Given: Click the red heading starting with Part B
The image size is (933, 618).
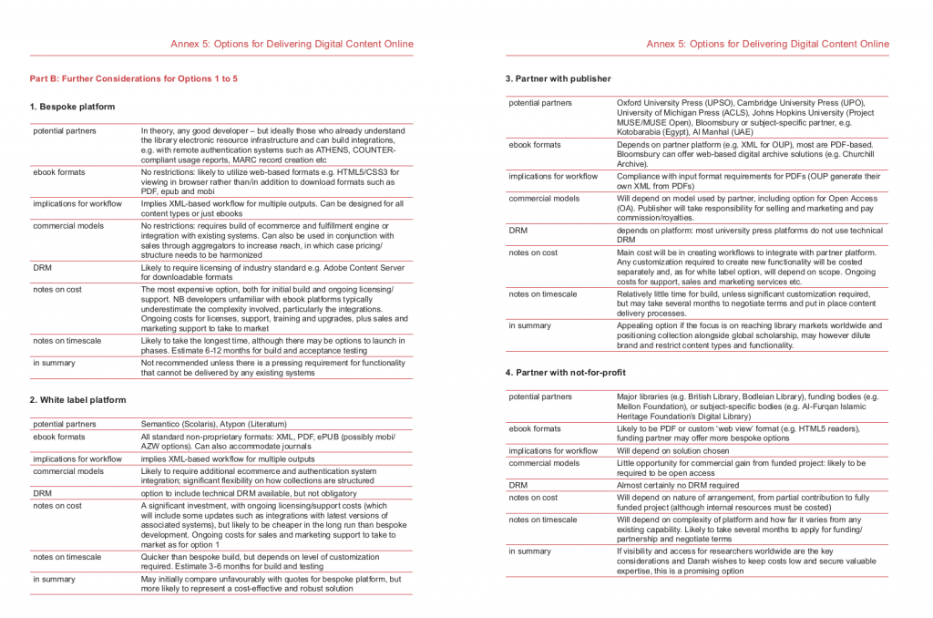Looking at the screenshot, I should tap(134, 79).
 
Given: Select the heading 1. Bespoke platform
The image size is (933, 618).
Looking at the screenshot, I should tap(72, 107).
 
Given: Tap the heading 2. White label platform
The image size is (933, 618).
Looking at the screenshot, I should tap(77, 399).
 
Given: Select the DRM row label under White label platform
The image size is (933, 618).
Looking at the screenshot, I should tap(42, 493).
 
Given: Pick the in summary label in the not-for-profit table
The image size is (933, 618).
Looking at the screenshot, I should tap(529, 551).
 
